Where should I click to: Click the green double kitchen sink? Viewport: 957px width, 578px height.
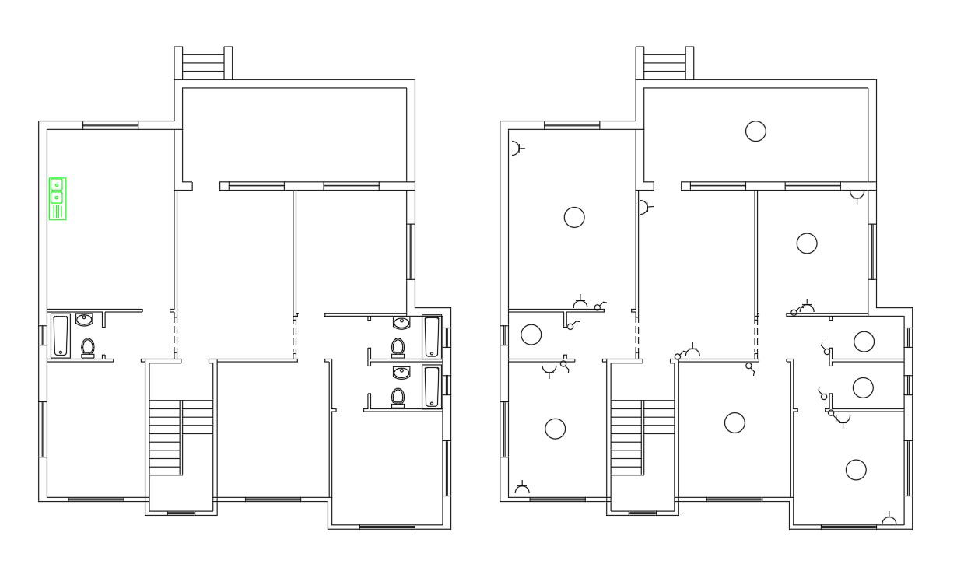(x=58, y=198)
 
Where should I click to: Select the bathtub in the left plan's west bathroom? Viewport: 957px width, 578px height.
(x=60, y=335)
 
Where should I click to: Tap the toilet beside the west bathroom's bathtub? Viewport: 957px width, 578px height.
(x=88, y=347)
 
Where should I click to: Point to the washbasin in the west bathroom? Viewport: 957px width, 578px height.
(x=85, y=319)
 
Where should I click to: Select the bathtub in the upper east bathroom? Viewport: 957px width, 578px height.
(x=432, y=336)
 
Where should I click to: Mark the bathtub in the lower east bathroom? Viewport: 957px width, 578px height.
(x=432, y=387)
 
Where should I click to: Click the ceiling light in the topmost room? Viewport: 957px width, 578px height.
(x=755, y=131)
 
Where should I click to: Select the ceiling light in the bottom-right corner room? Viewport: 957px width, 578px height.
(x=856, y=469)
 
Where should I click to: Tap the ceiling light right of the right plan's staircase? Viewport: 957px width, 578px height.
(x=734, y=422)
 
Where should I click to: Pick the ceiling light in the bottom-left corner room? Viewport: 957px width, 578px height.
(x=555, y=428)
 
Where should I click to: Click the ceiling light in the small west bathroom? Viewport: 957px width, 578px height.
(x=531, y=335)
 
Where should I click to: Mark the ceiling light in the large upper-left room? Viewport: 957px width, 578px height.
(x=573, y=217)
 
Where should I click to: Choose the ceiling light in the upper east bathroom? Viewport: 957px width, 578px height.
(x=863, y=341)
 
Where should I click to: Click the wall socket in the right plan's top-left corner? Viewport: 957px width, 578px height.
(x=517, y=147)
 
